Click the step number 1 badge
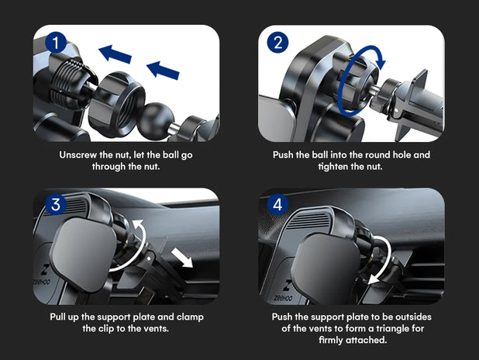(56, 43)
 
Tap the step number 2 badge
(277, 42)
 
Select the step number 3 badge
(56, 204)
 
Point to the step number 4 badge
(277, 204)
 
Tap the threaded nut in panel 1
(118, 99)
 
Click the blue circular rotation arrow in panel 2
(360, 80)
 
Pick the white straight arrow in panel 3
(182, 258)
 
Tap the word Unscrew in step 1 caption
(78, 154)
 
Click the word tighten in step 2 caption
(333, 167)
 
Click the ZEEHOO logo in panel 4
(284, 291)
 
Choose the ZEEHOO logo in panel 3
(42, 275)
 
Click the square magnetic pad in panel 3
(84, 254)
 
